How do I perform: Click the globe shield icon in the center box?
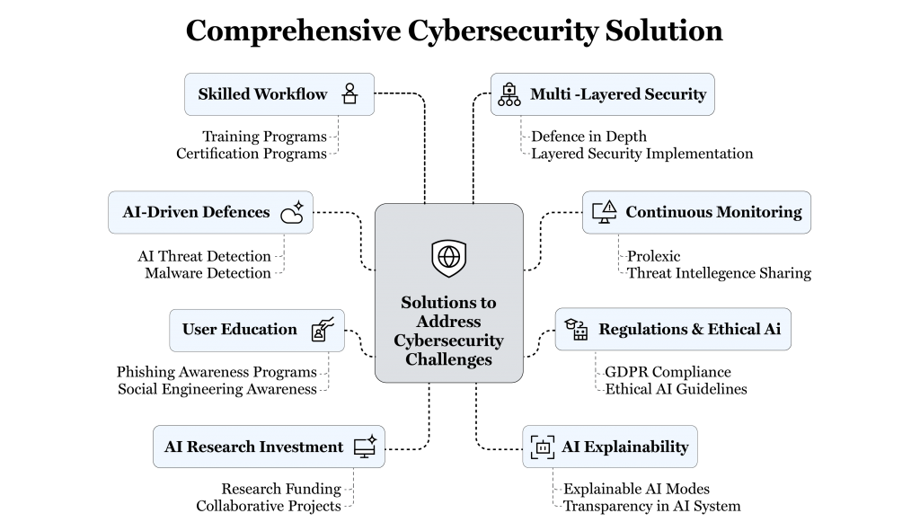tap(448, 258)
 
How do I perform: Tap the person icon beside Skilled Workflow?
tap(350, 94)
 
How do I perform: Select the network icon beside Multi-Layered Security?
tap(509, 94)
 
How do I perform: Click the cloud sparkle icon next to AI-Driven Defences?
tap(292, 212)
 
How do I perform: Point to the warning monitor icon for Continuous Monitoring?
tap(604, 212)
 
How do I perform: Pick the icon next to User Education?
tap(323, 329)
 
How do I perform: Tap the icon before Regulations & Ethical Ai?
tap(576, 330)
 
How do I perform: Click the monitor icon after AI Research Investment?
tap(365, 447)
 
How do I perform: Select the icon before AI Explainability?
tap(543, 447)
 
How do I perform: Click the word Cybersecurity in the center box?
tap(448, 341)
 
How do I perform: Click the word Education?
tap(260, 330)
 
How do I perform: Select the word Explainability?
tap(638, 447)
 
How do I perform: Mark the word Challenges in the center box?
tap(448, 359)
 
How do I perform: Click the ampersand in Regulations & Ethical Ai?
tap(696, 330)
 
